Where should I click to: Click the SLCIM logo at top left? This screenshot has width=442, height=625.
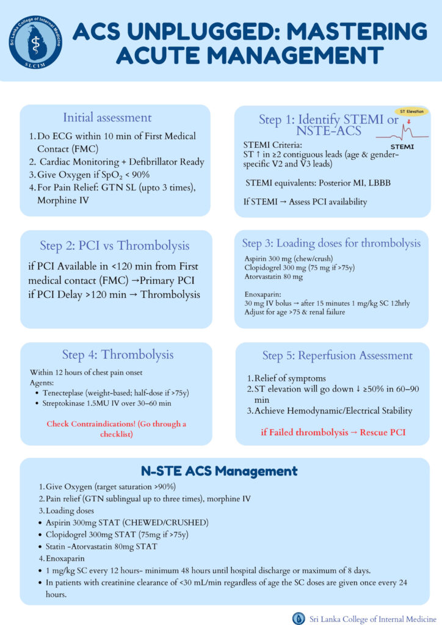click(35, 40)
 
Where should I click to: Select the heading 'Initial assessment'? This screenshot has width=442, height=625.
click(107, 117)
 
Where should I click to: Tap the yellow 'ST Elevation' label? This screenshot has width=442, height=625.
click(411, 112)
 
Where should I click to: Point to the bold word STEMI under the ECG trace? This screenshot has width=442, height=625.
click(401, 147)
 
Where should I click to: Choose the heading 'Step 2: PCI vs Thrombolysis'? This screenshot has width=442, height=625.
click(115, 245)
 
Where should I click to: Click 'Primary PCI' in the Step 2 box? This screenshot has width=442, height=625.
click(175, 281)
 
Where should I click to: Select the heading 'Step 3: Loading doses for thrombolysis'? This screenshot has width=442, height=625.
click(331, 243)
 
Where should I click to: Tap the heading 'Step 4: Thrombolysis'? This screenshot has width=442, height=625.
click(118, 355)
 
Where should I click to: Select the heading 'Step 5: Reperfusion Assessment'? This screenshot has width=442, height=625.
click(338, 355)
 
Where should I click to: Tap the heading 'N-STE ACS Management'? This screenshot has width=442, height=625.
click(219, 471)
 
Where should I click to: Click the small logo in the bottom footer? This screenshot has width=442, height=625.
click(299, 618)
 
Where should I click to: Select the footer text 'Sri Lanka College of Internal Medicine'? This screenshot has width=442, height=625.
click(371, 618)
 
